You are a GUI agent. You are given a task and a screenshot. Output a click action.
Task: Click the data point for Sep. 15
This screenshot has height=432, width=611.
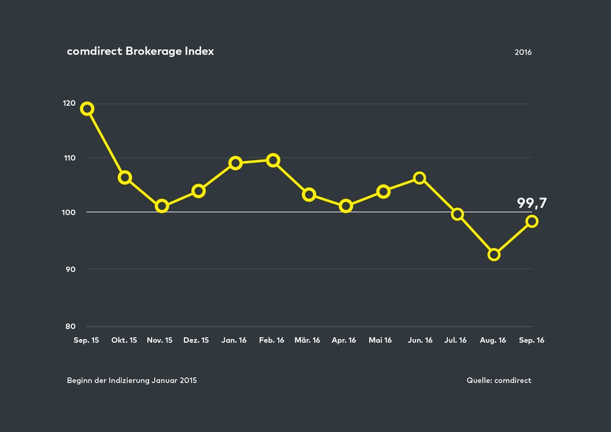pos(87,109)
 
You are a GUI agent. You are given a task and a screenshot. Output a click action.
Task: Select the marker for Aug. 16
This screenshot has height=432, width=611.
pos(494,254)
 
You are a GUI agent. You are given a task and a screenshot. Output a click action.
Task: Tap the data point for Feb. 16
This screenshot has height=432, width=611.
pos(273,160)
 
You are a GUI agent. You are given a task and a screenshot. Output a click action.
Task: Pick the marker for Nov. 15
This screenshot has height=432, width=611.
pos(161,206)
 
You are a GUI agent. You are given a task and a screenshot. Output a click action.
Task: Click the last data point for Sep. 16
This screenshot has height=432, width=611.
pos(532,221)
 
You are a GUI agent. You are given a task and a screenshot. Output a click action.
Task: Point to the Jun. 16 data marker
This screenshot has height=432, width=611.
pos(420,178)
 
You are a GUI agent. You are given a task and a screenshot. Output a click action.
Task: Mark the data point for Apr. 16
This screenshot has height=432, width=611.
pos(346,206)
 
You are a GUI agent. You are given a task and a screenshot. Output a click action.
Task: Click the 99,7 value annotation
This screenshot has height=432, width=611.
pos(532,203)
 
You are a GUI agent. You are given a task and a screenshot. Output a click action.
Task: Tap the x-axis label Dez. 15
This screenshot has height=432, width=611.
pos(196,340)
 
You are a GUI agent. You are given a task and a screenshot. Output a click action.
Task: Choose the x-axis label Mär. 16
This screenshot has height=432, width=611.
pos(307,340)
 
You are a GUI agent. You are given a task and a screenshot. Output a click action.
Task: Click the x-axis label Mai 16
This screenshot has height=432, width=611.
pos(380,340)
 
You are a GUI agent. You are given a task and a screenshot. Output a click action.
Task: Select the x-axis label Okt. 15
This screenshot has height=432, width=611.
pos(124,340)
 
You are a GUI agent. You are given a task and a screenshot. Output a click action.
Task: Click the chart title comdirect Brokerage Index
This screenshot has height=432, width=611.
pos(140,51)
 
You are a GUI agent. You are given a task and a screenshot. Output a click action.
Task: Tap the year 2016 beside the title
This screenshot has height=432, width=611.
pos(523,52)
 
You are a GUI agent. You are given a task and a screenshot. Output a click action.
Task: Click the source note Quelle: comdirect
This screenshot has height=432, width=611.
pos(499,381)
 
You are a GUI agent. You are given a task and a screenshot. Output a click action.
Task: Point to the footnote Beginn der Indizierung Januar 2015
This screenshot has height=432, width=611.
pos(131,381)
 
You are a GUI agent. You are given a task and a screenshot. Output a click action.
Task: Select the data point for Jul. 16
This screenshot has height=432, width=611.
pos(457,214)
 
